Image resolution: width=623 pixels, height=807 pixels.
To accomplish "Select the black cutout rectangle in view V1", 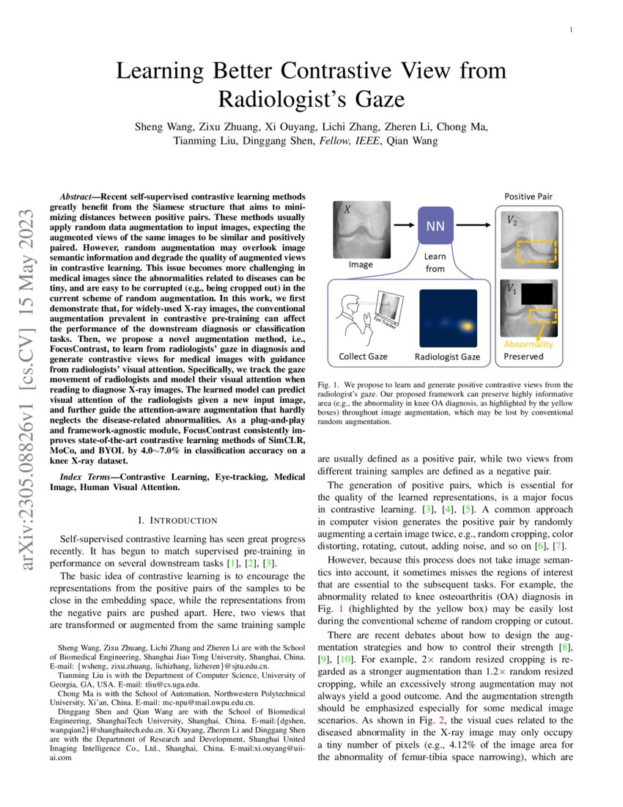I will point(537,293).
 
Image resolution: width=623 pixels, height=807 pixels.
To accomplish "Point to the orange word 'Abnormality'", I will point(528,344).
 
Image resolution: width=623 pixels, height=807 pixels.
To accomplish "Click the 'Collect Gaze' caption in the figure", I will point(363,357).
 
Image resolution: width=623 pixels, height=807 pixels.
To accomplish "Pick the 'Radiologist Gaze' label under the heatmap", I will point(447,357).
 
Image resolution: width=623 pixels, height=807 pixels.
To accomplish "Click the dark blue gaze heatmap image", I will point(447,318).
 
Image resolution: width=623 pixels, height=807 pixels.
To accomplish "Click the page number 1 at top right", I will point(570,29).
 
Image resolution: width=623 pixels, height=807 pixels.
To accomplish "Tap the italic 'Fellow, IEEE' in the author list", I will point(349,141).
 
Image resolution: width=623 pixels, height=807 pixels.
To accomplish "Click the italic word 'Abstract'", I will point(76,198).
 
